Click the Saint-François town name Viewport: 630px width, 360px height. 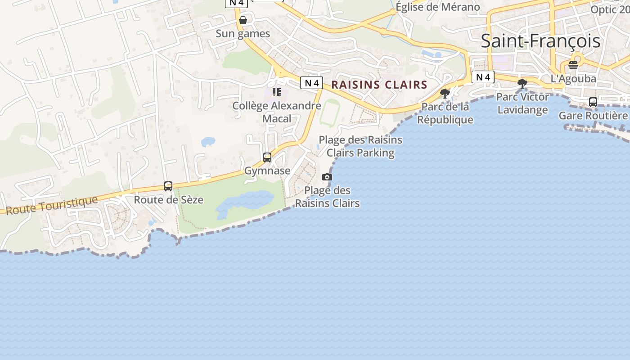click(540, 41)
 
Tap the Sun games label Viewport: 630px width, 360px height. click(243, 34)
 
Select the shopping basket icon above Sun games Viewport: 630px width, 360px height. click(243, 20)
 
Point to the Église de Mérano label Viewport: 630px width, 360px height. click(437, 7)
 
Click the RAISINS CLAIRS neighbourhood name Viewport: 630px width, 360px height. click(379, 85)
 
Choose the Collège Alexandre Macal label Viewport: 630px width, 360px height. click(277, 112)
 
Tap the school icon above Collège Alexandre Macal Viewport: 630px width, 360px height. click(277, 92)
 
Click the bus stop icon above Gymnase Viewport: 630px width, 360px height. click(267, 157)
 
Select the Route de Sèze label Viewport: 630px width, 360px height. click(169, 199)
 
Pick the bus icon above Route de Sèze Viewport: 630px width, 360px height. click(168, 186)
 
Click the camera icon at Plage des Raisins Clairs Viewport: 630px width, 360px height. click(327, 177)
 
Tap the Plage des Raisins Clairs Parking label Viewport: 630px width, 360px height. click(360, 146)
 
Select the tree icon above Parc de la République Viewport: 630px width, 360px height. click(445, 94)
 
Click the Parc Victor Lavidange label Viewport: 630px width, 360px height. click(522, 103)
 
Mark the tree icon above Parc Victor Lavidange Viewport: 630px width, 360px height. click(522, 83)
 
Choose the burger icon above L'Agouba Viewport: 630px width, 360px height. click(573, 65)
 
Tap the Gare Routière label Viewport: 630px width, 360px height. click(593, 116)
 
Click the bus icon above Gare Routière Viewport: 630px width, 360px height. click(593, 102)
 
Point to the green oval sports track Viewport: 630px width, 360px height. click(330, 113)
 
